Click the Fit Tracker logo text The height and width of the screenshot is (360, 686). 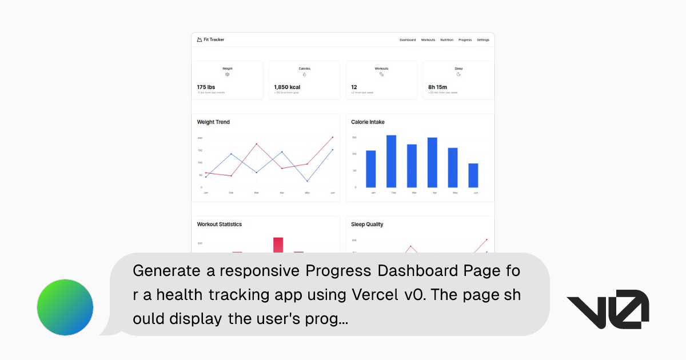coord(214,40)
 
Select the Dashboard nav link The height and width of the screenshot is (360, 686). coord(408,40)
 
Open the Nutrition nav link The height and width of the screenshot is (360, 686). coord(446,40)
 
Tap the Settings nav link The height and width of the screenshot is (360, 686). coord(483,40)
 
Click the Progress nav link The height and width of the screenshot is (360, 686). coord(465,40)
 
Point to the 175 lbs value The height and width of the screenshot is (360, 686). coord(206,87)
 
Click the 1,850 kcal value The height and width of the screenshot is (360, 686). coord(287,87)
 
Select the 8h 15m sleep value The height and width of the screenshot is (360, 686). coord(437,87)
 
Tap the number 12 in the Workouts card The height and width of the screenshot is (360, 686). coord(354,87)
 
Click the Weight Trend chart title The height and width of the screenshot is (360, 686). coord(213,122)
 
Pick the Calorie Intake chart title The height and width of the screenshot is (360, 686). coord(368,122)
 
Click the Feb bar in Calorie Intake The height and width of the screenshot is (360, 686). coord(391,161)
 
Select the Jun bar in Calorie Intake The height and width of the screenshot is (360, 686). coord(473,175)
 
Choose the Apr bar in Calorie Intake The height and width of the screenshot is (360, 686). coord(432,162)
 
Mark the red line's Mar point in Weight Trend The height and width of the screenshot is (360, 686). coord(256,144)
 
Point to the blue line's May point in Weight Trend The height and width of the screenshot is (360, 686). coord(307,181)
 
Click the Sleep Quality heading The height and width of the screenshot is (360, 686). coord(367,225)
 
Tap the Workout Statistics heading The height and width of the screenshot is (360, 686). coord(219,225)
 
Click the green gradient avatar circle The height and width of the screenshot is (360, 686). coord(65,307)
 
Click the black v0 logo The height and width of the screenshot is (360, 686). coord(607,309)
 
